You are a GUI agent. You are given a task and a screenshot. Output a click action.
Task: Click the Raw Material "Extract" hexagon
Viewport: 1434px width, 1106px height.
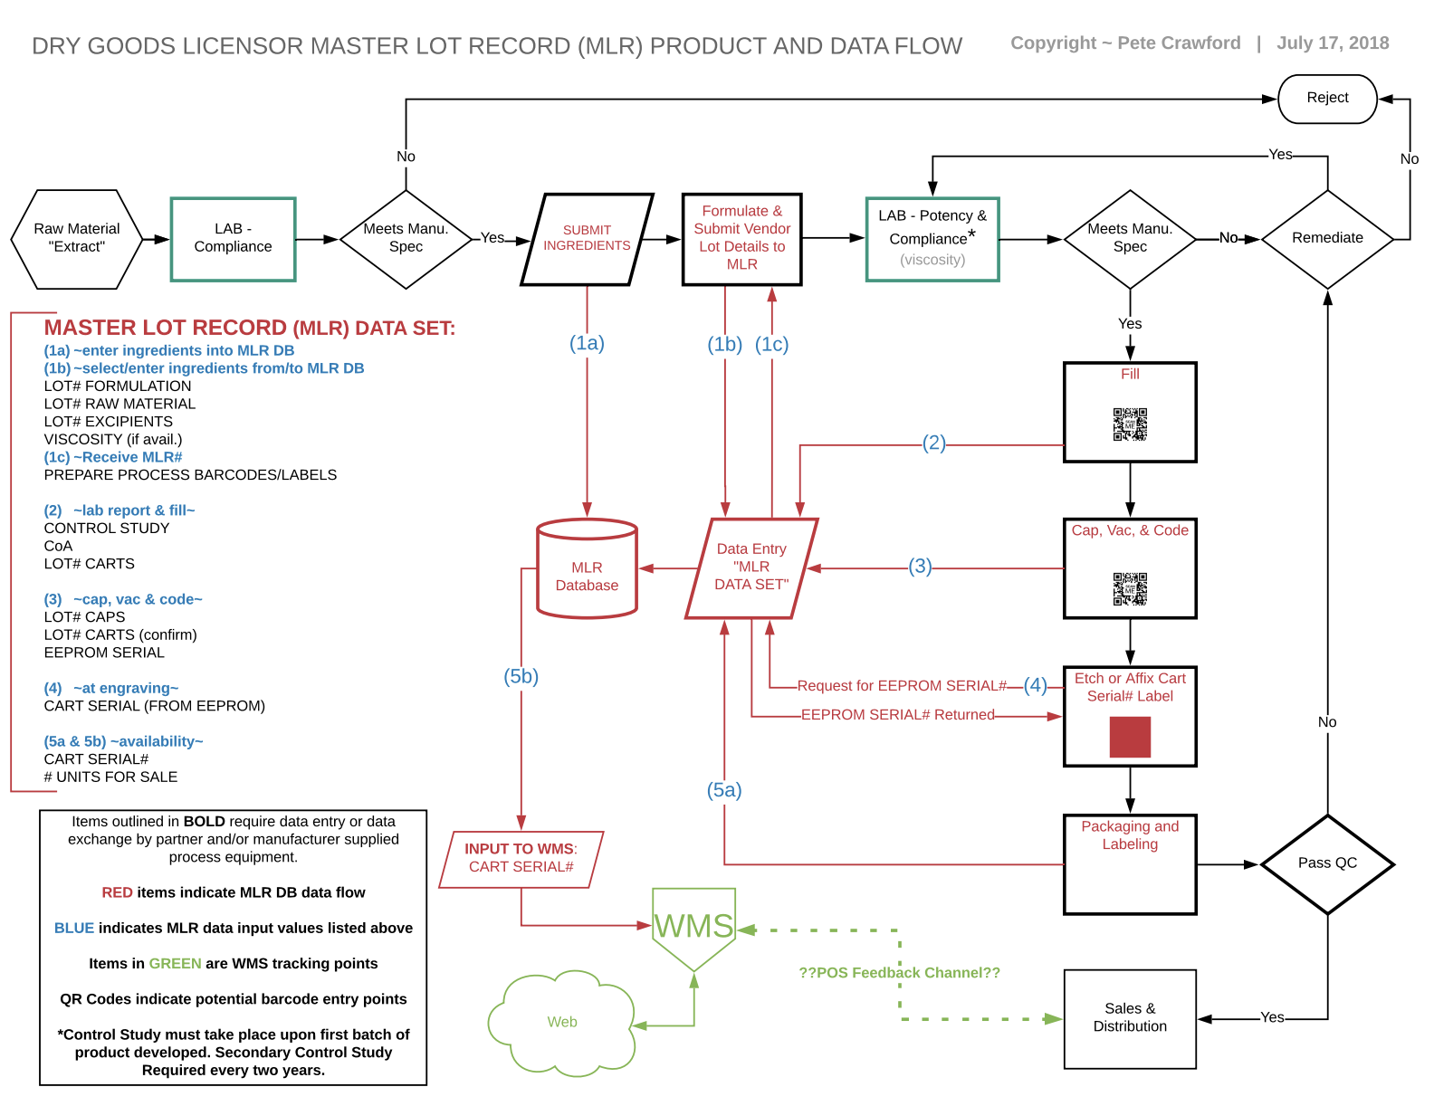77,239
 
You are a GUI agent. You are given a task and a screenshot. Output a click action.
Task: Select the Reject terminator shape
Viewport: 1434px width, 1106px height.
1327,99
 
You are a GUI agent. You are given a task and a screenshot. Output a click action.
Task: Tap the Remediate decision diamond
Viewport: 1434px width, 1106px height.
1327,239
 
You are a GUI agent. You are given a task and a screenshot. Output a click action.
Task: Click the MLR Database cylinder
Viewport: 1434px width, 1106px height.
587,570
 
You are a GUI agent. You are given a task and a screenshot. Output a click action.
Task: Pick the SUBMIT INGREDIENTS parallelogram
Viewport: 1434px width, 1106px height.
587,239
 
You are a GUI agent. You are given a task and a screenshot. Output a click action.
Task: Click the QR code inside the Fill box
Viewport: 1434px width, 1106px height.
1130,424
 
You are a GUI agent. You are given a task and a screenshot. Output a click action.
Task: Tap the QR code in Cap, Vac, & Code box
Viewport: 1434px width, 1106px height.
1130,588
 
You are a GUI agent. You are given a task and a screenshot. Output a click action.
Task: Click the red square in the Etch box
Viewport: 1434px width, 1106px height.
1130,737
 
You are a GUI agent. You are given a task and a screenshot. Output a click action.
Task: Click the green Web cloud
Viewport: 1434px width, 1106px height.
562,1023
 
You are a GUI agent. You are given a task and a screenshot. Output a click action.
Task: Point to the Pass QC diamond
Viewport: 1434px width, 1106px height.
1327,863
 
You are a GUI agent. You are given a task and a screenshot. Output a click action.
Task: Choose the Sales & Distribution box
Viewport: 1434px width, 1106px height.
1130,1018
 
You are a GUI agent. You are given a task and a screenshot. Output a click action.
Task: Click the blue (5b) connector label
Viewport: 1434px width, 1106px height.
521,676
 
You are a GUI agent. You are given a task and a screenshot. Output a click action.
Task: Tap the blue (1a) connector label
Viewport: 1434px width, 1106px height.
587,343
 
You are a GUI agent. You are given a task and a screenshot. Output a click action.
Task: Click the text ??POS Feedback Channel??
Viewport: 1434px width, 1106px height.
899,973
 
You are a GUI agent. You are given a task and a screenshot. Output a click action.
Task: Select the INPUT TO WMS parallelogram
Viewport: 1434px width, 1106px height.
521,859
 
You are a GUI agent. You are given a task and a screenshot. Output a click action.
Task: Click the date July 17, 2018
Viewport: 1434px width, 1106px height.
1333,43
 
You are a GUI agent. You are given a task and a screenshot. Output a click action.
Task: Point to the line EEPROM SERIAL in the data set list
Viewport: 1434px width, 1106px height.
104,653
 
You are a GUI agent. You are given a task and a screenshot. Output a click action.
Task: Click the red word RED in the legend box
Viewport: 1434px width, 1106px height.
117,892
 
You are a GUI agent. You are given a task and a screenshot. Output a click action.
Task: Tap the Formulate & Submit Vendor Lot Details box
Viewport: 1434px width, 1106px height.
742,239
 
